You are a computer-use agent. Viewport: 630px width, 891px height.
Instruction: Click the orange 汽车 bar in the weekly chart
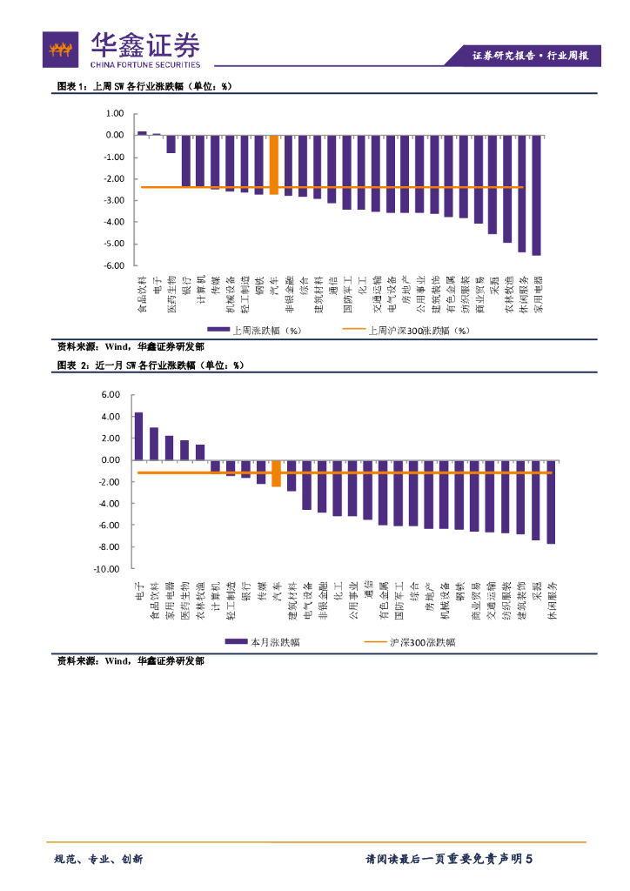pos(274,164)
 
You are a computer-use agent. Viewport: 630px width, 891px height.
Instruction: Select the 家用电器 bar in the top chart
pos(536,195)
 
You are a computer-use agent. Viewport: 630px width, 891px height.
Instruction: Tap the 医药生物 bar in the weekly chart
pos(171,144)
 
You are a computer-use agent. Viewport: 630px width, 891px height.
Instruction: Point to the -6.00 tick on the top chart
pos(114,265)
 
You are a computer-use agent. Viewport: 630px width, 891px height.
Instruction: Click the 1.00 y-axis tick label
pos(115,114)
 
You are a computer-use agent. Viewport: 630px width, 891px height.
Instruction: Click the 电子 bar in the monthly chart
pos(138,436)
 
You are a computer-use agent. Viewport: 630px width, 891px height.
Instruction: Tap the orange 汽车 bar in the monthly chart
pos(276,473)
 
